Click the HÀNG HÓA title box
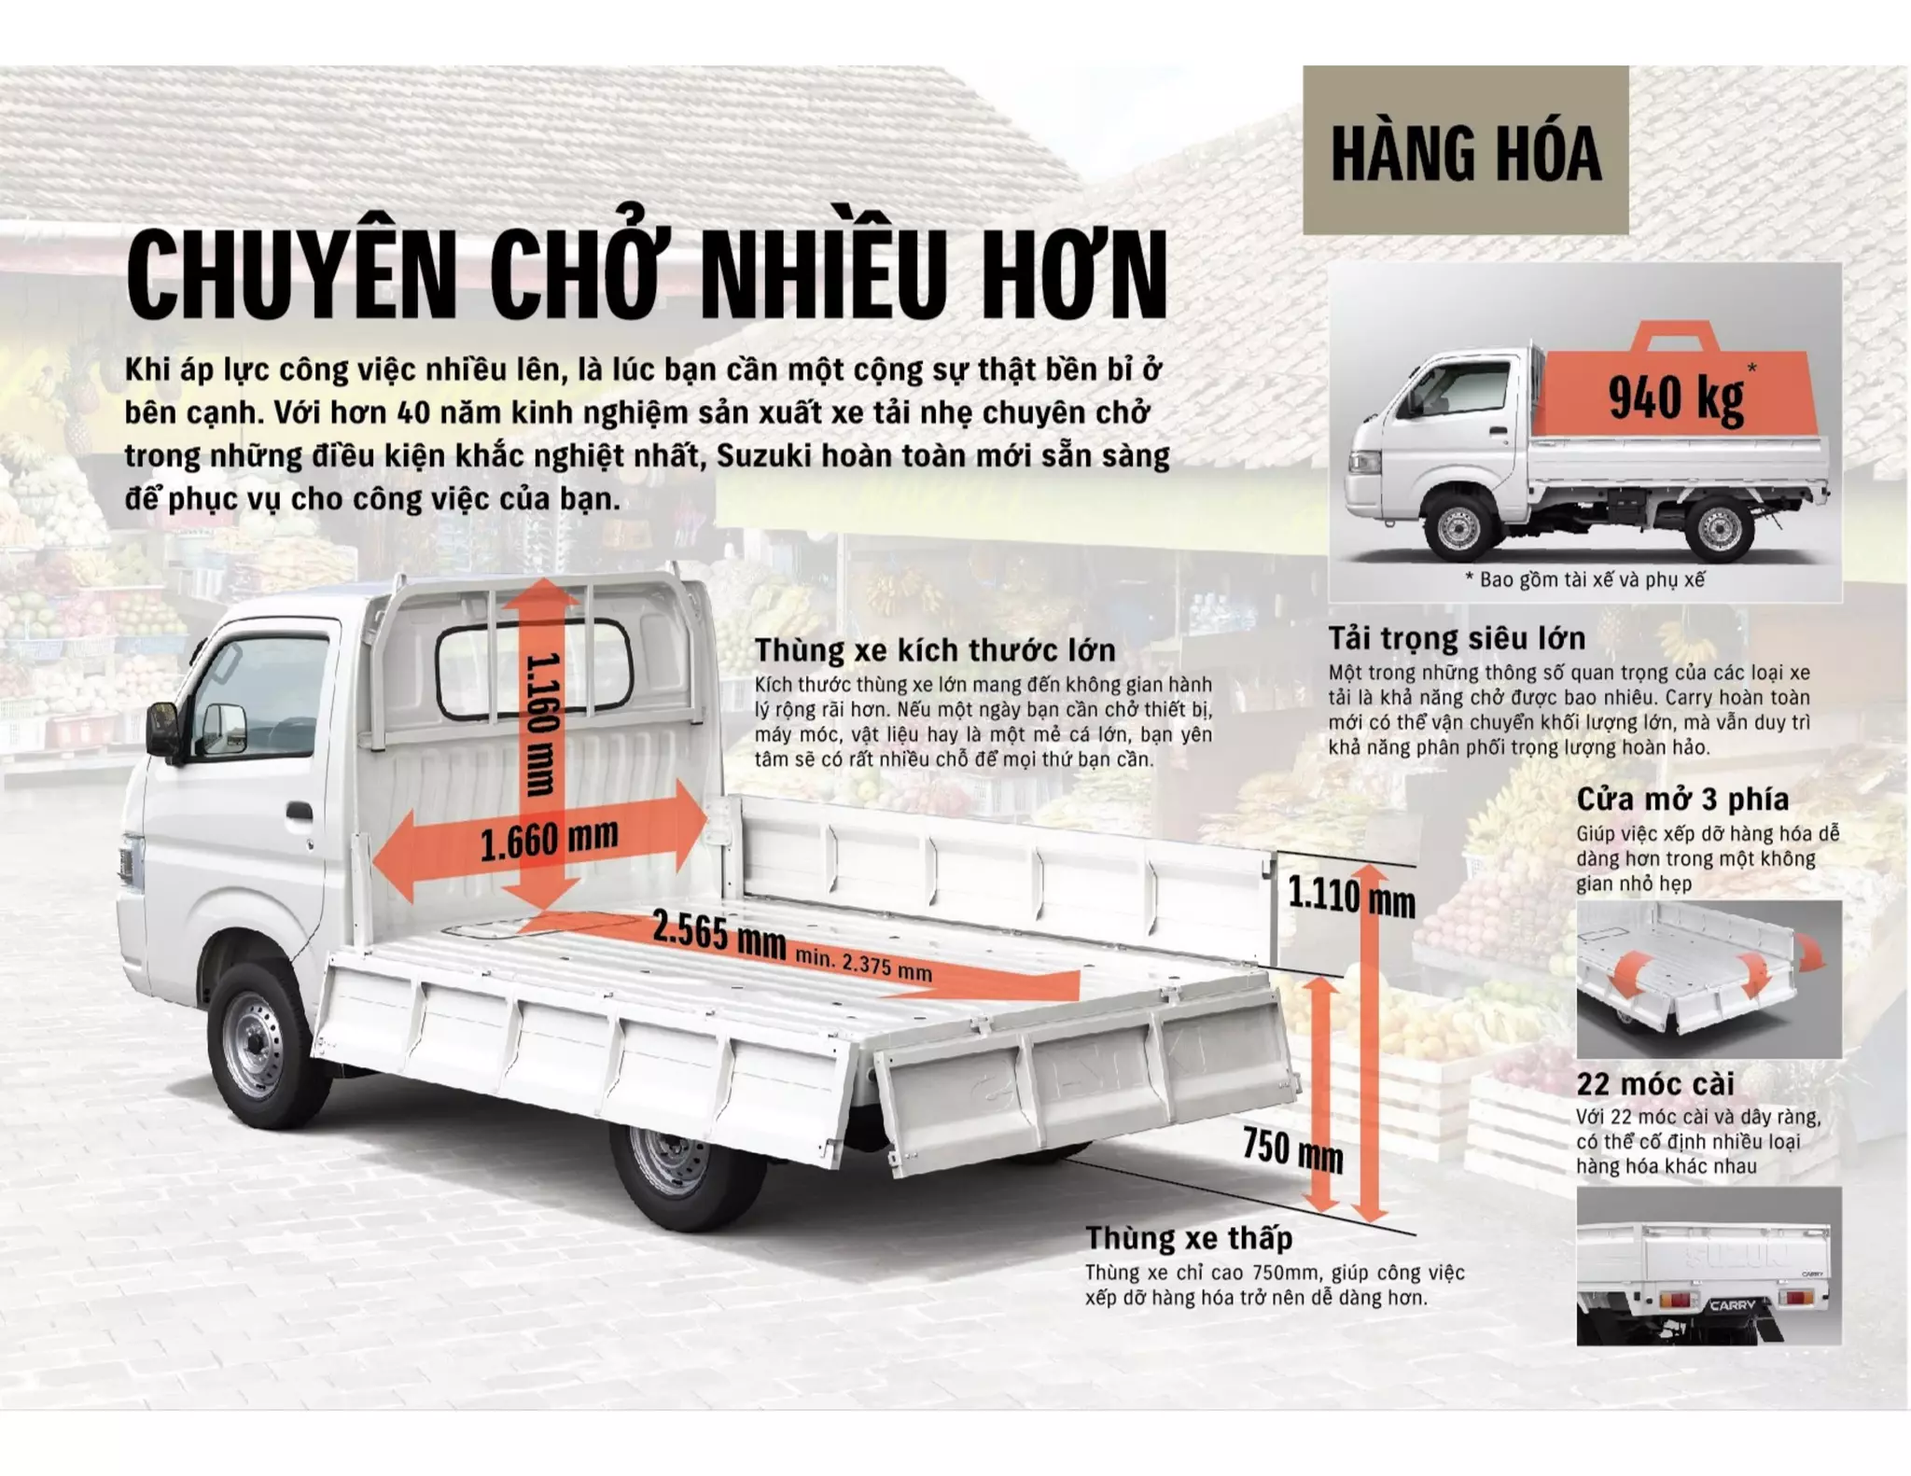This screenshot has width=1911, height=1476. pos(1465,151)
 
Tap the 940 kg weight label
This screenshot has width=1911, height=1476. pos(1676,397)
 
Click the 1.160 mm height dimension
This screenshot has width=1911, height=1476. pos(541,725)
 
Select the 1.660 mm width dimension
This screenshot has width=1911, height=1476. pos(549,839)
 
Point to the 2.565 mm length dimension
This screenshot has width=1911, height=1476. pos(718,933)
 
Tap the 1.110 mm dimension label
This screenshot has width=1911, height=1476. pos(1350,898)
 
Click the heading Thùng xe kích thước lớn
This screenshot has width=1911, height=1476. pos(934,649)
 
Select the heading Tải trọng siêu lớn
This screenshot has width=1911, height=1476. pos(1456,638)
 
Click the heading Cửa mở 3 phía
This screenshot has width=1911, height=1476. pos(1681,799)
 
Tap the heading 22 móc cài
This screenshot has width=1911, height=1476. pos(1654,1083)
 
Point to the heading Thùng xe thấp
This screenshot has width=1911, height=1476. pos(1188,1237)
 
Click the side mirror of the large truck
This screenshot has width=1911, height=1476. pos(163,729)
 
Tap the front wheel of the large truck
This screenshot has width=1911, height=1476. pos(257,1045)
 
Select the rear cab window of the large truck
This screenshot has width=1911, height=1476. pos(534,669)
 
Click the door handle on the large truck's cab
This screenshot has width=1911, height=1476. pos(300,810)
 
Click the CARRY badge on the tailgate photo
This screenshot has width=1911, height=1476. pos(1732,1304)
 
